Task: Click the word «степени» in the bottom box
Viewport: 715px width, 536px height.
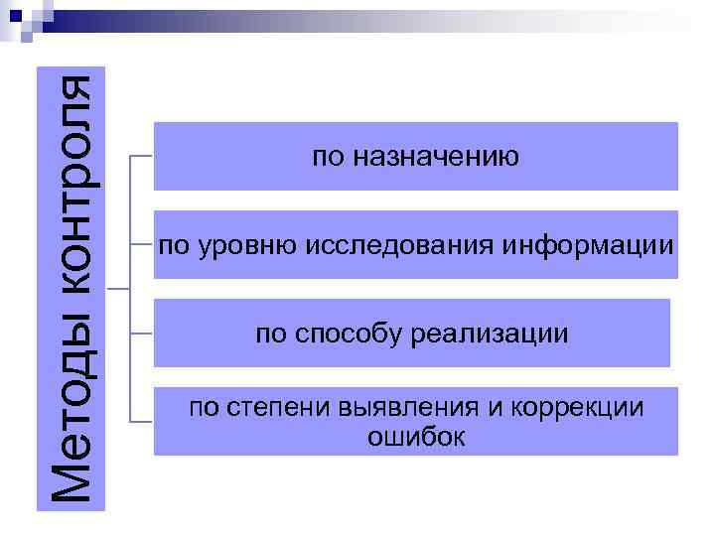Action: click(x=262, y=408)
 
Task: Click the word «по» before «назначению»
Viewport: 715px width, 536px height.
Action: click(x=326, y=157)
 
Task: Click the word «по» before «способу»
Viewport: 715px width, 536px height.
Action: click(x=270, y=334)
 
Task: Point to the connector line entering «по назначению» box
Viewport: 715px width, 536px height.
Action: click(x=142, y=156)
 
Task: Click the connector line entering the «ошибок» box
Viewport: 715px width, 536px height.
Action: click(x=142, y=421)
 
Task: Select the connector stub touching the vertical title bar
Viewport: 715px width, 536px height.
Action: click(x=118, y=289)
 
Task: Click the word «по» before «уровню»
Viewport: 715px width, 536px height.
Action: click(x=173, y=244)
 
